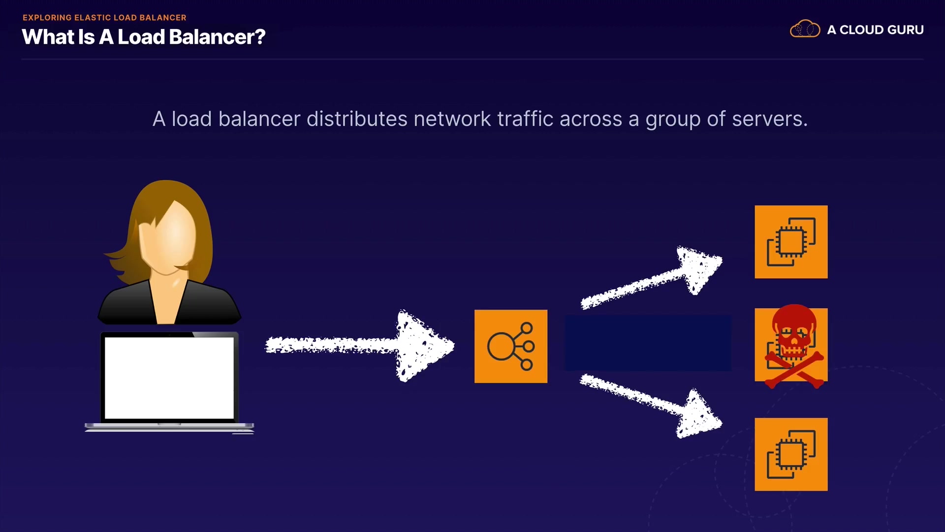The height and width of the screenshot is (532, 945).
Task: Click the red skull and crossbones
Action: [x=794, y=345]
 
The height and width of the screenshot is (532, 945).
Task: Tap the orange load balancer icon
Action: [x=511, y=346]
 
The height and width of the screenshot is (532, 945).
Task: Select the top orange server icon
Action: [x=791, y=242]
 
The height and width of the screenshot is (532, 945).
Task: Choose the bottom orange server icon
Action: [x=791, y=454]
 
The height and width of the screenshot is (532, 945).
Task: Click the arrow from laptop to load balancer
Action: [x=359, y=345]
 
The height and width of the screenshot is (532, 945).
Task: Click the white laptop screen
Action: [x=169, y=378]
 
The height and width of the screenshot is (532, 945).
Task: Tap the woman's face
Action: [x=167, y=236]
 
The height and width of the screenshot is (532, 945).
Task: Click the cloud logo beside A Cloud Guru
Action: [x=805, y=29]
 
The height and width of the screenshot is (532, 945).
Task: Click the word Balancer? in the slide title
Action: [x=217, y=37]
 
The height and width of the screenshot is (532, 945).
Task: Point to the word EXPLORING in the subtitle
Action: [x=47, y=18]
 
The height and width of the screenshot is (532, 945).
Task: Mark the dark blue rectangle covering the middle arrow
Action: [x=648, y=343]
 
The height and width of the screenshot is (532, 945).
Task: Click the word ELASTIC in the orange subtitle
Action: [x=93, y=18]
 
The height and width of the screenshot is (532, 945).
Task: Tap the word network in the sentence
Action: [x=452, y=119]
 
